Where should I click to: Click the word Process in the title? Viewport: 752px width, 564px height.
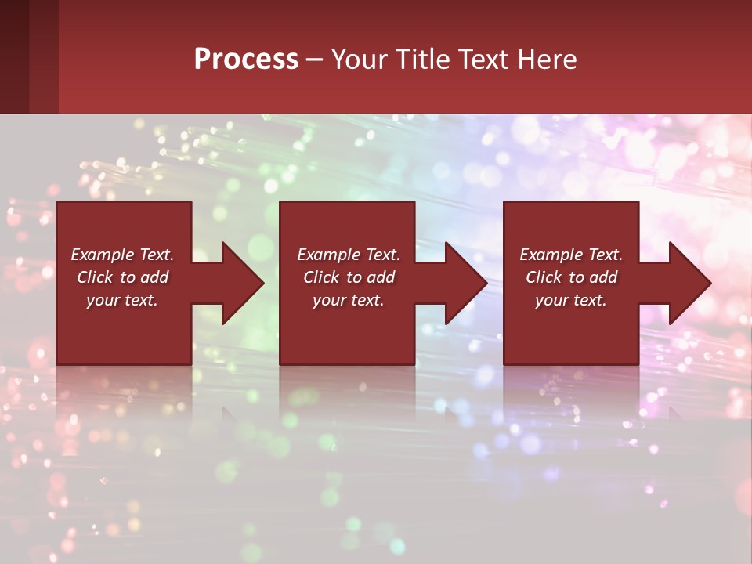[x=246, y=60]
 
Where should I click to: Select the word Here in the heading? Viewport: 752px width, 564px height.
[x=547, y=60]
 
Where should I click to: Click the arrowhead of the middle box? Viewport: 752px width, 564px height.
[x=465, y=283]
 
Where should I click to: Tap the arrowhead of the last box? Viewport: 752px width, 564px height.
[x=689, y=283]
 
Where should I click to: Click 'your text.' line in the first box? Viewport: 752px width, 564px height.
[x=122, y=300]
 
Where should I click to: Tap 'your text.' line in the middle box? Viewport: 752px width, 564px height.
[x=349, y=300]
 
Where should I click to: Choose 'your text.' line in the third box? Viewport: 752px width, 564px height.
[x=571, y=300]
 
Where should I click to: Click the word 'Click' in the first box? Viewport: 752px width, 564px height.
[x=95, y=277]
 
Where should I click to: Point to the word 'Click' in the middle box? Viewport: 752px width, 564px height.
[x=321, y=277]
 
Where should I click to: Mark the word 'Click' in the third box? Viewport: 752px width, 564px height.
[x=544, y=277]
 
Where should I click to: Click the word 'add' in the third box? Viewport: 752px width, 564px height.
[x=603, y=277]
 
